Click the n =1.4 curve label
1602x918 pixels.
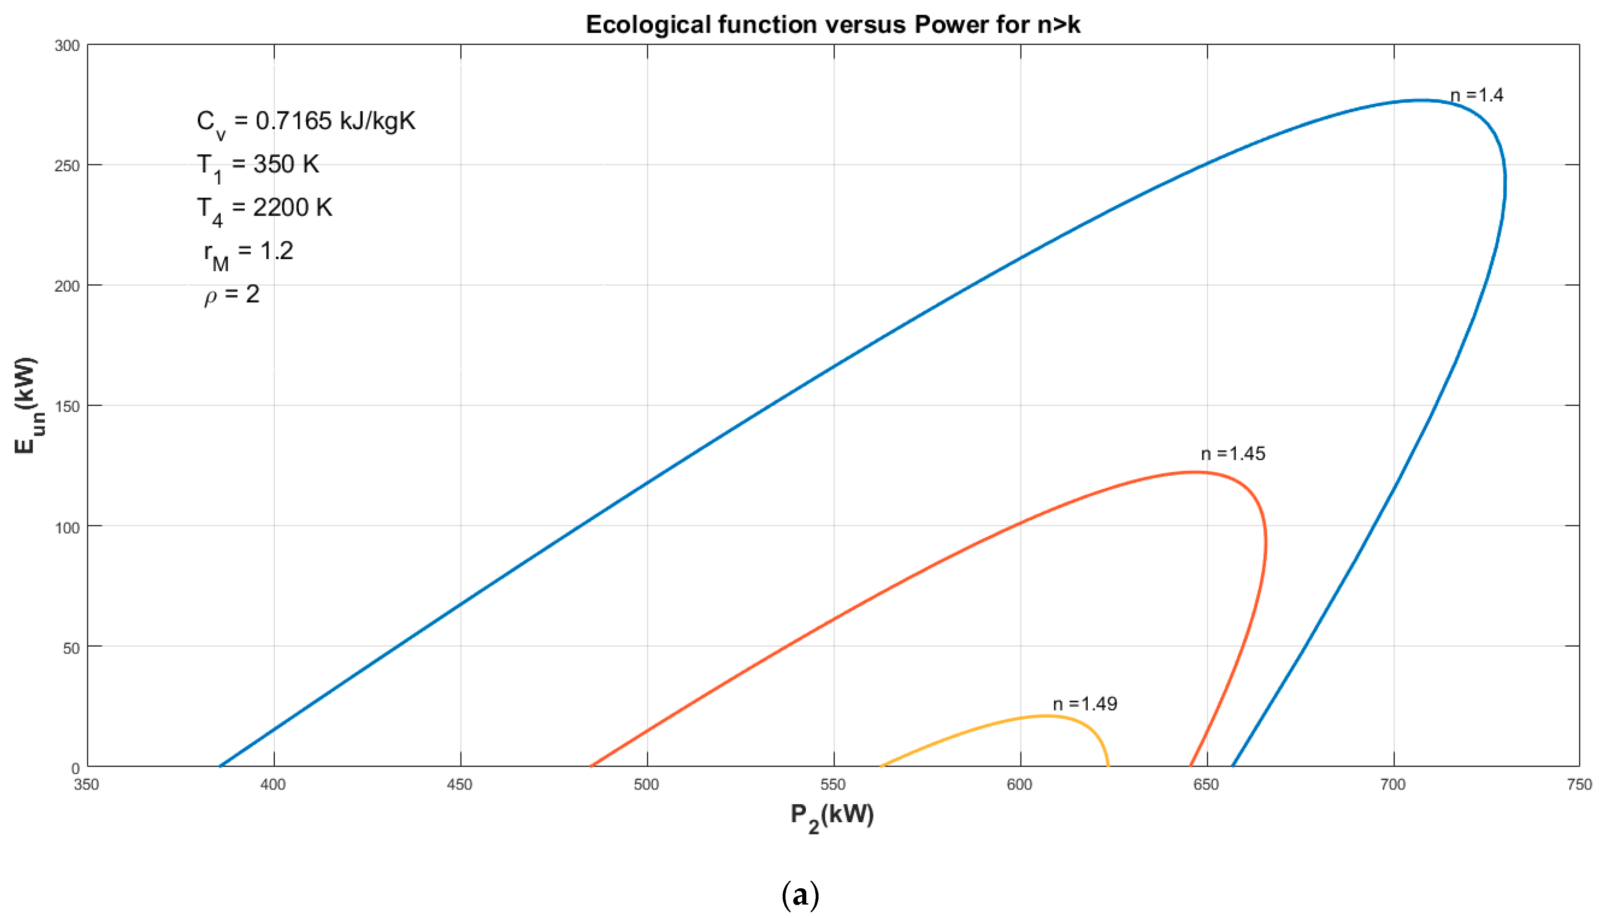(1476, 95)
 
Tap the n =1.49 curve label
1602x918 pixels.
(1084, 704)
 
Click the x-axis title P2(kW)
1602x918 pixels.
(832, 817)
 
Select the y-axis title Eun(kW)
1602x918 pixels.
(27, 405)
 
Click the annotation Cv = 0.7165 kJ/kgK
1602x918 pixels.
(305, 122)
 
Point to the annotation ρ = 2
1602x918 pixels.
(232, 295)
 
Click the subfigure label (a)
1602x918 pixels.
(800, 894)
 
